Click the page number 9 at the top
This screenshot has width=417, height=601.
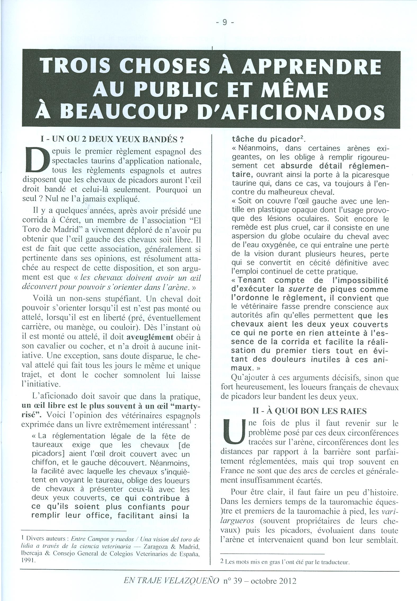click(225, 23)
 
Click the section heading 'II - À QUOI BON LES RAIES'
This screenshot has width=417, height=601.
click(310, 411)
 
